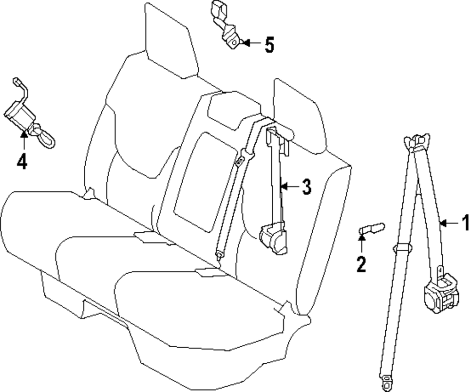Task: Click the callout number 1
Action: (465, 222)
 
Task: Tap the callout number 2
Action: (361, 264)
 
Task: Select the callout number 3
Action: (306, 187)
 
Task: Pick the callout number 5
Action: (268, 45)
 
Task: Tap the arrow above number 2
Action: (361, 242)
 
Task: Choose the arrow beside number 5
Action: (251, 43)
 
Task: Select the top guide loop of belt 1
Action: (417, 142)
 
